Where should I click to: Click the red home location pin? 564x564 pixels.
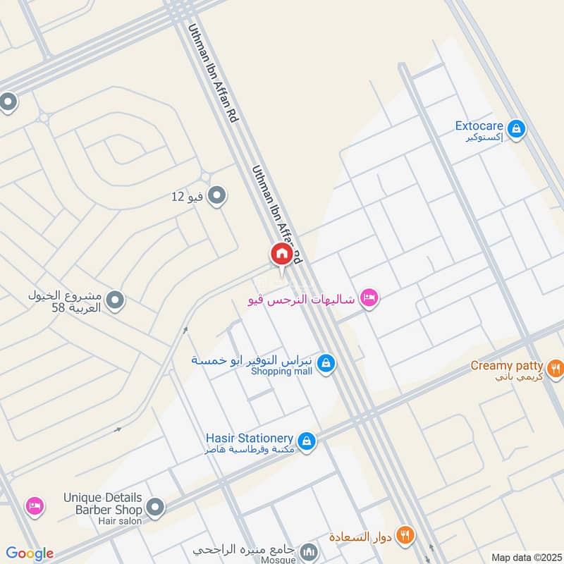pos(281,254)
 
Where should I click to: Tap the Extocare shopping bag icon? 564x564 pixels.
pos(517,128)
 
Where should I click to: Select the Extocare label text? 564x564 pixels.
pos(479,126)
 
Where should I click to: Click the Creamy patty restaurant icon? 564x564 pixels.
pos(556,367)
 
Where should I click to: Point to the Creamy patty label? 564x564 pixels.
pos(506,366)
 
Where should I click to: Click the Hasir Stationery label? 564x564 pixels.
pos(249,438)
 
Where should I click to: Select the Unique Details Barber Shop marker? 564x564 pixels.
pos(155,507)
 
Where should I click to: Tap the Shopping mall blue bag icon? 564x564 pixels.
pos(326,364)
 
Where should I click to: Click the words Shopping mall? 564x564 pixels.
pos(281,372)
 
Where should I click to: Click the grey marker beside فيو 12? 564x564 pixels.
pos(217,195)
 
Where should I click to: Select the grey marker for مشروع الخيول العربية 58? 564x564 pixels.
pos(116,300)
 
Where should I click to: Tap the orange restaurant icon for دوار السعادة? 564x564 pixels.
pos(404,535)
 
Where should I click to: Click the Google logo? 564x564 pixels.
pos(30,553)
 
